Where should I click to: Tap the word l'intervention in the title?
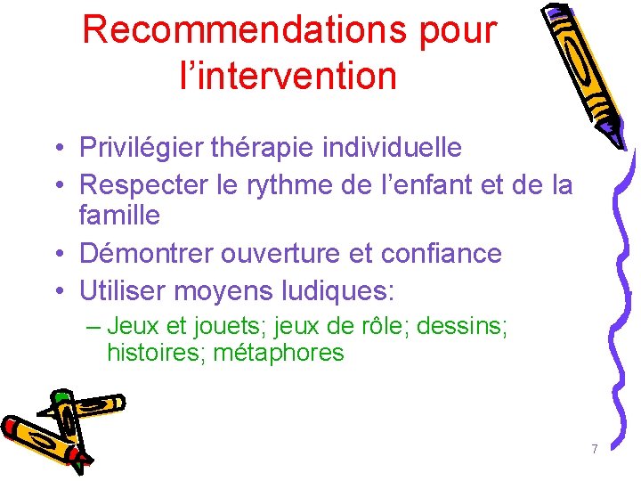(x=288, y=75)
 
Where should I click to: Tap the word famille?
(x=119, y=215)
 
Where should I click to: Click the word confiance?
(x=442, y=253)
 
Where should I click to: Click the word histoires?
(x=153, y=353)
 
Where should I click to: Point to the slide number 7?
(x=594, y=449)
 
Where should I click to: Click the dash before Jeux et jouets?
(x=93, y=326)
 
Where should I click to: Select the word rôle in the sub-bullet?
(x=377, y=326)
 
